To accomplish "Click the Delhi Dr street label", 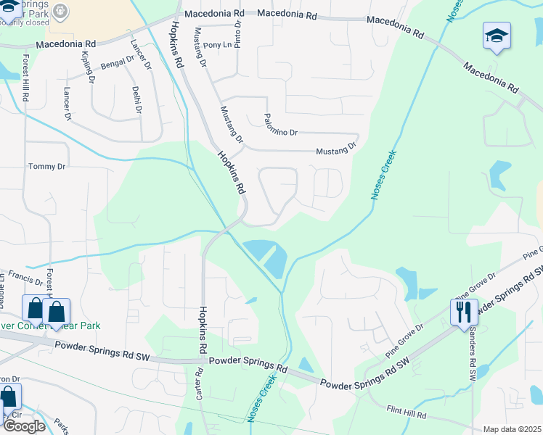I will [x=136, y=100].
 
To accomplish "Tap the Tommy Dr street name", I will [x=46, y=167].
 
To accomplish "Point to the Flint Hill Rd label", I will [x=406, y=412].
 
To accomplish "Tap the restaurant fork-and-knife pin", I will [x=464, y=312].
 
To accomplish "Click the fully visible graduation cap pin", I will [x=497, y=36].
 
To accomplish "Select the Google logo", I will [x=24, y=426].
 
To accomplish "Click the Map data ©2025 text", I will [x=511, y=429].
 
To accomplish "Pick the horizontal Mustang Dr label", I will [x=336, y=149].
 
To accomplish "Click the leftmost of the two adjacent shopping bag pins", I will [x=35, y=309].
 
